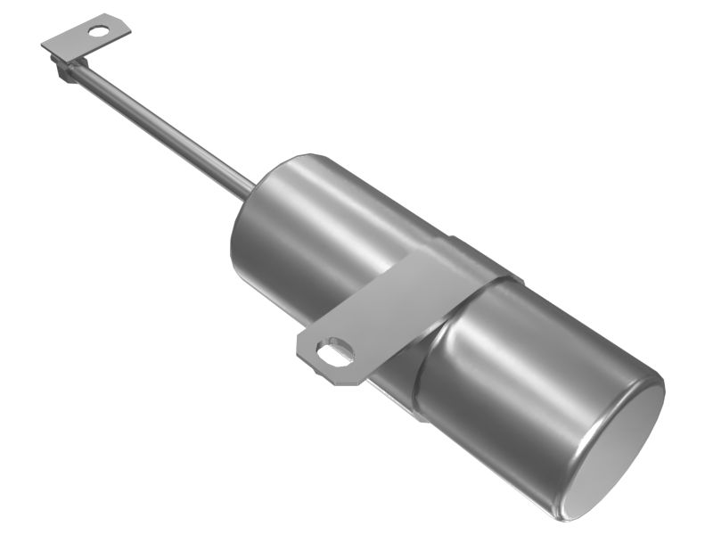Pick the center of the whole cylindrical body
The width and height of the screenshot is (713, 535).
click(x=446, y=330)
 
